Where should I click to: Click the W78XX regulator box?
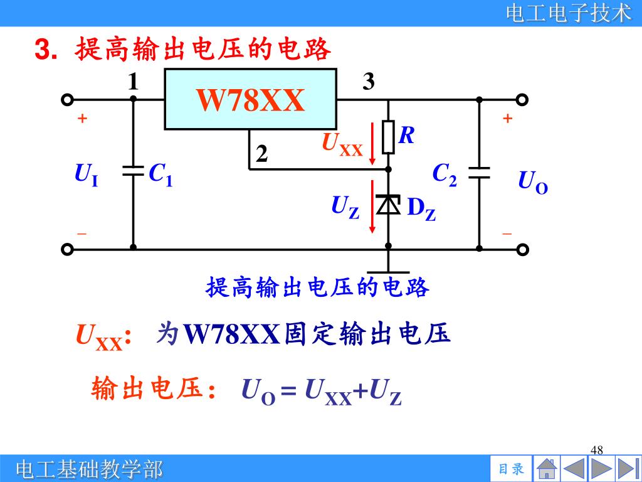click(x=251, y=99)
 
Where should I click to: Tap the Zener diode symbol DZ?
click(x=389, y=205)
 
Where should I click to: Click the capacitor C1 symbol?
click(x=133, y=171)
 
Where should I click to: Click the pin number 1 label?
click(x=133, y=82)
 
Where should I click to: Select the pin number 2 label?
click(x=261, y=154)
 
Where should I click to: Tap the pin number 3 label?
click(x=369, y=82)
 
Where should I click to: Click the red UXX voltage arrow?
click(x=373, y=144)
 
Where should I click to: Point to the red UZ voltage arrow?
click(x=373, y=206)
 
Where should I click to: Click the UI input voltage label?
click(x=86, y=174)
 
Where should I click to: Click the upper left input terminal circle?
click(x=67, y=99)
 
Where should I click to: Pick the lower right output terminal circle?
click(x=523, y=249)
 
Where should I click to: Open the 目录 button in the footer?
click(x=510, y=469)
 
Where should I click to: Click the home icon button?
click(x=547, y=469)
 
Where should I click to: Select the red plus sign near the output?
click(x=507, y=118)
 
